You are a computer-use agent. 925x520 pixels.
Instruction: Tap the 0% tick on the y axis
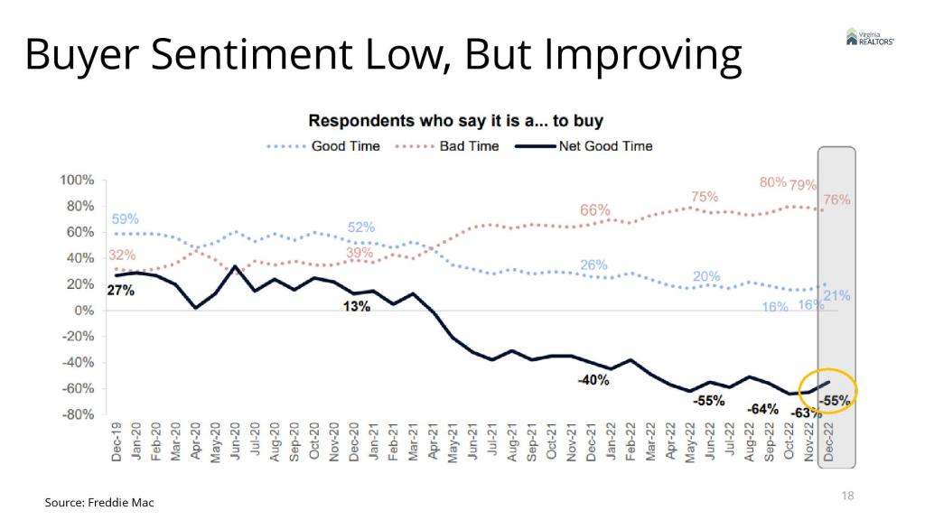coord(83,311)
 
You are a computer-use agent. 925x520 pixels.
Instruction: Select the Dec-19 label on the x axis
coord(117,441)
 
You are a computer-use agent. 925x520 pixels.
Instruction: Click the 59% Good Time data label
coord(126,218)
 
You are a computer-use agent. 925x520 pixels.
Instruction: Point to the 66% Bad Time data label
coord(594,210)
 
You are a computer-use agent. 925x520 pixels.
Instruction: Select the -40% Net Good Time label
coord(593,380)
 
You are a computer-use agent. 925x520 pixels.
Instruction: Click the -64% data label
coord(763,409)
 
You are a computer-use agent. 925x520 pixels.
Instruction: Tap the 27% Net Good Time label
coord(121,291)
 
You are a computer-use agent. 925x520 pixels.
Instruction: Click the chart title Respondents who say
coord(456,120)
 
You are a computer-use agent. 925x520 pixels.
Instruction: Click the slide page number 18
coord(847,496)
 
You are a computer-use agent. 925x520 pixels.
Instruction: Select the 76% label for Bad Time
coord(837,200)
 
